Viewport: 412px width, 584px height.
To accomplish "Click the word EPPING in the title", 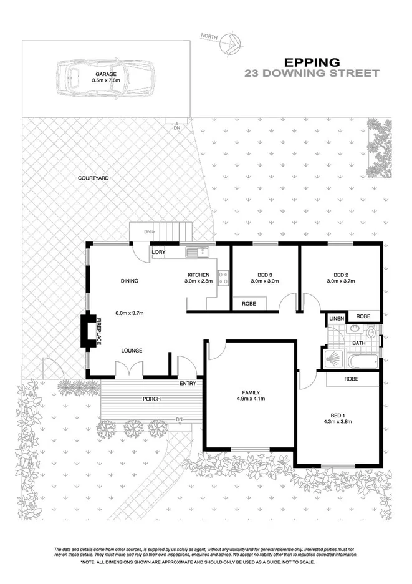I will click(312, 62).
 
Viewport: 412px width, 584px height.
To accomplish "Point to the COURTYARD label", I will click(93, 178).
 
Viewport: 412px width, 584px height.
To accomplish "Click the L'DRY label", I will click(159, 252).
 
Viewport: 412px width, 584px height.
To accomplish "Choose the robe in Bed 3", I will click(248, 304).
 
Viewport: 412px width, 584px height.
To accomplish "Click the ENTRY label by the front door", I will click(187, 383).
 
